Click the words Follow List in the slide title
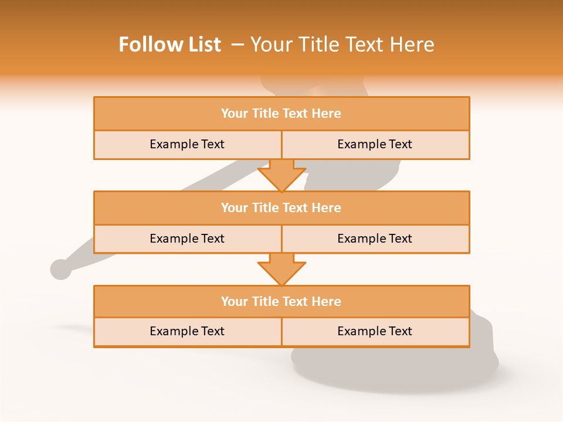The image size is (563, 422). [170, 45]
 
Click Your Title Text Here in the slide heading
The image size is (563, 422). [342, 45]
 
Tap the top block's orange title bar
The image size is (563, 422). [281, 114]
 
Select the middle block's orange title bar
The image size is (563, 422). [281, 207]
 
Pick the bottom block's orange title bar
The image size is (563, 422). [281, 301]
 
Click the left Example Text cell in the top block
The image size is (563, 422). [187, 144]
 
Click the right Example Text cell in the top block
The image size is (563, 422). [375, 144]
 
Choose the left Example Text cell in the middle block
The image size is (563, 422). [187, 239]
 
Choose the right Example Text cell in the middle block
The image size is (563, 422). [375, 239]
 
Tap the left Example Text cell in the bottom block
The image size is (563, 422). [187, 331]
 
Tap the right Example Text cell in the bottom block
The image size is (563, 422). [375, 331]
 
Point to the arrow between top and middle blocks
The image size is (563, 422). [281, 175]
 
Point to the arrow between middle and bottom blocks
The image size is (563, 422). [281, 269]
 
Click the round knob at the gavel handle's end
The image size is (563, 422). [60, 270]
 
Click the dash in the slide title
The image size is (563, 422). [238, 45]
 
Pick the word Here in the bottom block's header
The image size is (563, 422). [327, 301]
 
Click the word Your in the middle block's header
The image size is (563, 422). [235, 207]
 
